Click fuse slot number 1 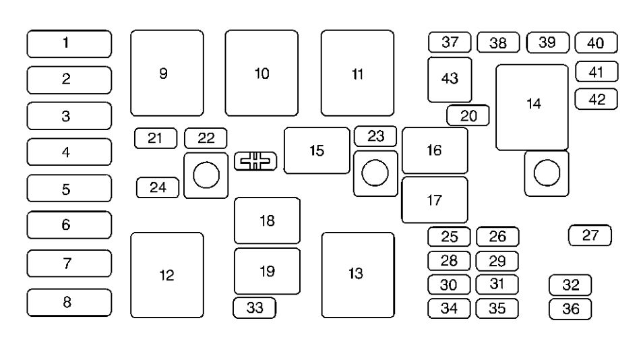(x=69, y=44)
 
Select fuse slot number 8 (x=69, y=302)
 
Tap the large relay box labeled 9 (x=166, y=73)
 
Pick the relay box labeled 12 (x=166, y=275)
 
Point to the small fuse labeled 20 (x=468, y=116)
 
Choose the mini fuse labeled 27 (x=590, y=235)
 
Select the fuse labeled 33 (x=255, y=308)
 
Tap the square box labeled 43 (x=450, y=79)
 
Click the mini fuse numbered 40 (x=596, y=44)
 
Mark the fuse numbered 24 (x=158, y=187)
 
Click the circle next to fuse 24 (x=206, y=175)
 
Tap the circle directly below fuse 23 (x=375, y=173)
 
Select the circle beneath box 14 (x=547, y=173)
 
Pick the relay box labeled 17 (x=435, y=200)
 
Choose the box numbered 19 (x=267, y=271)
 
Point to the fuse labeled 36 (x=570, y=309)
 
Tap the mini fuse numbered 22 (x=206, y=138)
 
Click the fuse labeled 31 (x=497, y=284)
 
